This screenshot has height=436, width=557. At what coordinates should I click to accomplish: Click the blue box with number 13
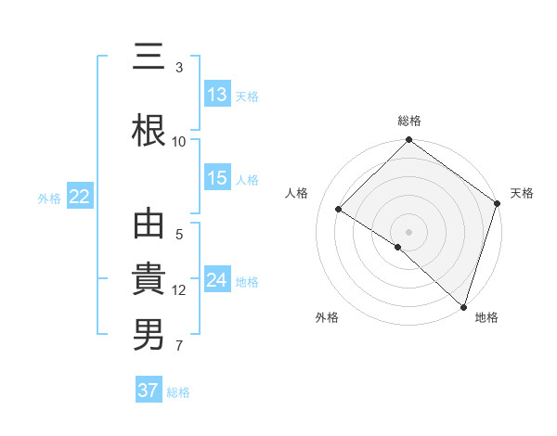click(x=217, y=94)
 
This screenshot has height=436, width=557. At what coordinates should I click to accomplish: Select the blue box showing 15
click(x=217, y=178)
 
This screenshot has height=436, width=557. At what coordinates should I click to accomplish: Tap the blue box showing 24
click(x=217, y=280)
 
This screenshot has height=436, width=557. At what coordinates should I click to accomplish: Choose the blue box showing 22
click(x=79, y=196)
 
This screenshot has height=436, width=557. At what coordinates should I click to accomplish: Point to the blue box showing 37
click(x=149, y=391)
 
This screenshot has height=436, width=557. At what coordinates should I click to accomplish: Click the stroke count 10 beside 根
click(x=179, y=141)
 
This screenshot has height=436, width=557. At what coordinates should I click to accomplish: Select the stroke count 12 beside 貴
click(x=179, y=290)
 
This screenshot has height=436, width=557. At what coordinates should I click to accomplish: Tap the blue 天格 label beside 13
click(x=247, y=96)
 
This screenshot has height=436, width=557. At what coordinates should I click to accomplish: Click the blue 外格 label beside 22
click(x=49, y=198)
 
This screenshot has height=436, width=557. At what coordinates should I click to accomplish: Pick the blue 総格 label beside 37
click(x=178, y=392)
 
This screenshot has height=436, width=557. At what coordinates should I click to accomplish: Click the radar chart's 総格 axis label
click(x=409, y=121)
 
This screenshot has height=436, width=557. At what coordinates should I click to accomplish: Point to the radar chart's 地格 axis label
click(x=486, y=317)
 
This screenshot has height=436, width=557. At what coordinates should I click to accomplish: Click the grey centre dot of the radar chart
click(x=408, y=231)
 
